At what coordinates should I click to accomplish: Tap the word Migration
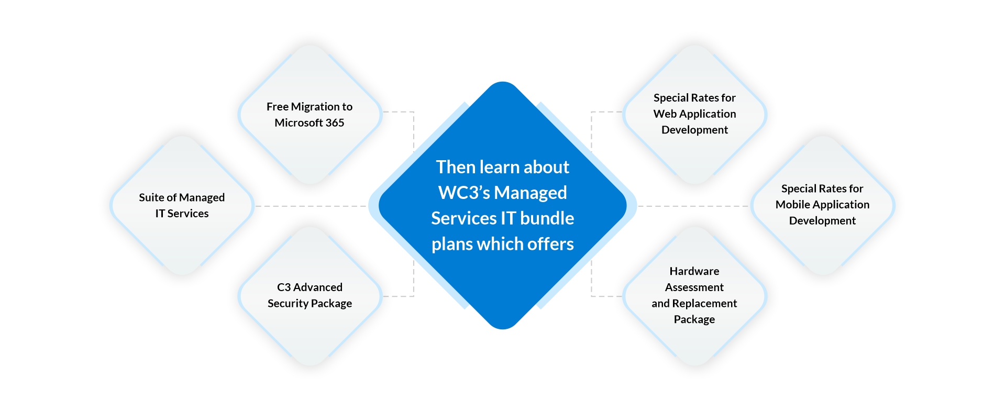coord(315,107)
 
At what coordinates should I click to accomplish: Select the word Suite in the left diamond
coord(150,197)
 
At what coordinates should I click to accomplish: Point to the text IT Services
coord(182,214)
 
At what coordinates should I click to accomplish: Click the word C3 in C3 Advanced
coord(283,287)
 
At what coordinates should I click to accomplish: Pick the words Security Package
coord(310,304)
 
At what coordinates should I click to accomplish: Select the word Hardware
coord(694,271)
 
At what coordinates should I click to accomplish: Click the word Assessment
coord(694,287)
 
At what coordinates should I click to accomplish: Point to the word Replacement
coord(704,304)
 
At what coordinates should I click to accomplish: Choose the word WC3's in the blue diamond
coord(463,193)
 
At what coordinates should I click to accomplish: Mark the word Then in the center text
coord(455,167)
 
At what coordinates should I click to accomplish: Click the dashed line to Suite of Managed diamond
coord(312,206)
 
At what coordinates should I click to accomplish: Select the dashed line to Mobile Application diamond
coord(694,206)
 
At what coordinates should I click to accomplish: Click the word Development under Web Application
coord(694,130)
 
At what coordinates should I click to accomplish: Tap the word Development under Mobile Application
coord(822,221)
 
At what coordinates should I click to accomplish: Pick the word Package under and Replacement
coord(694,319)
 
